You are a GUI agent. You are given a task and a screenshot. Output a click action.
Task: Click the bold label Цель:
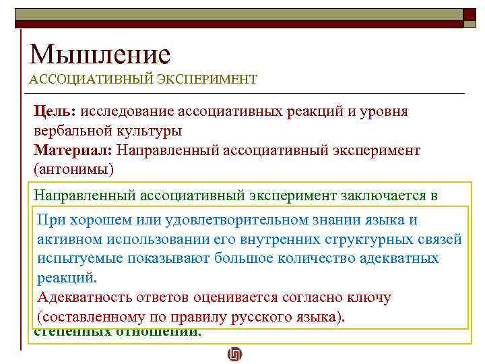(x=57, y=111)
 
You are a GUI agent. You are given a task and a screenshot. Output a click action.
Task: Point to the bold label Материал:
(x=74, y=149)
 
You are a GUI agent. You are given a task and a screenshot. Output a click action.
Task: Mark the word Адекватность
(x=84, y=297)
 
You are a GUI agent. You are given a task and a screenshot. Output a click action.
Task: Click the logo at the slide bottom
(x=234, y=354)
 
